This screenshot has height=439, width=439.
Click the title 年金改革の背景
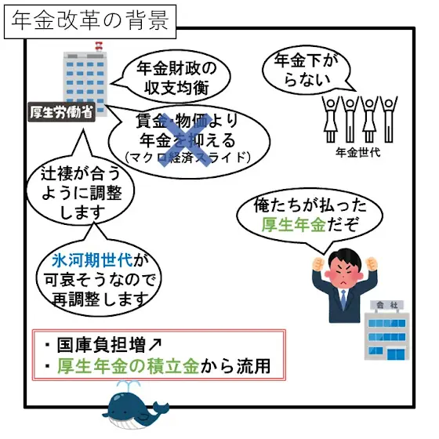point(90,21)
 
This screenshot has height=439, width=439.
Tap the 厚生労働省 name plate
point(62,112)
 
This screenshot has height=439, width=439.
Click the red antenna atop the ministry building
point(99,46)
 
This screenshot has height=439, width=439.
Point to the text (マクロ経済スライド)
point(187,158)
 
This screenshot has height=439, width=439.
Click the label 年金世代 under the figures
point(358,153)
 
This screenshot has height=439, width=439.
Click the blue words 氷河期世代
point(93,260)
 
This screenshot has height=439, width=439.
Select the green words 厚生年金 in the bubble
point(294,224)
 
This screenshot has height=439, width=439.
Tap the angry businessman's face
point(344,270)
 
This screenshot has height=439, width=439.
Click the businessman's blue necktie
point(343,299)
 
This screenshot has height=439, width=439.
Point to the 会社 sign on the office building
point(387,305)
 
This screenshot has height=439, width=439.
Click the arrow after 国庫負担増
point(155,345)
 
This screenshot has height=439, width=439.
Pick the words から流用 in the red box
point(235,366)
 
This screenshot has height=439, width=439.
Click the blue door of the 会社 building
point(396,354)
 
